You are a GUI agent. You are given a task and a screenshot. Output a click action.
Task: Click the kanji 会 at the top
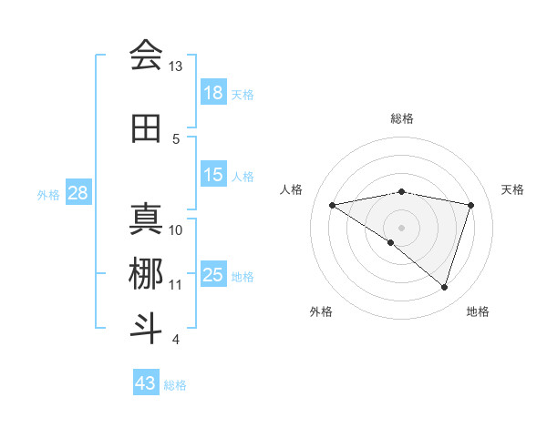coord(146,56)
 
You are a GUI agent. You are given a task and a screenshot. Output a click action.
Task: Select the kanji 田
coord(146,128)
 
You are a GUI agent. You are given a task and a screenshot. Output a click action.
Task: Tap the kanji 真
coord(146,219)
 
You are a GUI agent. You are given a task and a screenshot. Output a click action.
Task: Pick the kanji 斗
coord(146,328)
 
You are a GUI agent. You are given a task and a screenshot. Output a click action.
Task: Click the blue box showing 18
coord(213,93)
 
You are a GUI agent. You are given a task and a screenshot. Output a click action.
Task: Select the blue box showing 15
coord(213,175)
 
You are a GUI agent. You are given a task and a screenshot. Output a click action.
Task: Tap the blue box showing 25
coord(213,275)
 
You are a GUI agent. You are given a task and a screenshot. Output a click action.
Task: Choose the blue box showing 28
coord(77,193)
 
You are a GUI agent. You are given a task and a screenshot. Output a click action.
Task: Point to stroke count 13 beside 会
coord(175,66)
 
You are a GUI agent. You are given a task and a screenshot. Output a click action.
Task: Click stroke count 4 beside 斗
coord(175,340)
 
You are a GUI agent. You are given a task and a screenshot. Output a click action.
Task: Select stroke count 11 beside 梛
coord(175,285)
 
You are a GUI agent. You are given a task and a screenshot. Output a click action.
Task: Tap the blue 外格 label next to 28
coord(48,194)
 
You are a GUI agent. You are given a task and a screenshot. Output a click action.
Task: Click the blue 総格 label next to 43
coord(175,385)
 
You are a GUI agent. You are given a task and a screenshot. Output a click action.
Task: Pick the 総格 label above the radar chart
coord(401,118)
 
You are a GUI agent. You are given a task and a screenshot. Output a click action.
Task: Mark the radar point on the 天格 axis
coord(471,205)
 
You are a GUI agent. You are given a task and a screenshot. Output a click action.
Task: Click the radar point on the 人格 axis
coord(332,205)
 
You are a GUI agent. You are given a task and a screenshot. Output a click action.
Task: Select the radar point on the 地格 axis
coord(444,287)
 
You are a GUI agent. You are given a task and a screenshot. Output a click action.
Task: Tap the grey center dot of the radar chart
coord(401,227)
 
